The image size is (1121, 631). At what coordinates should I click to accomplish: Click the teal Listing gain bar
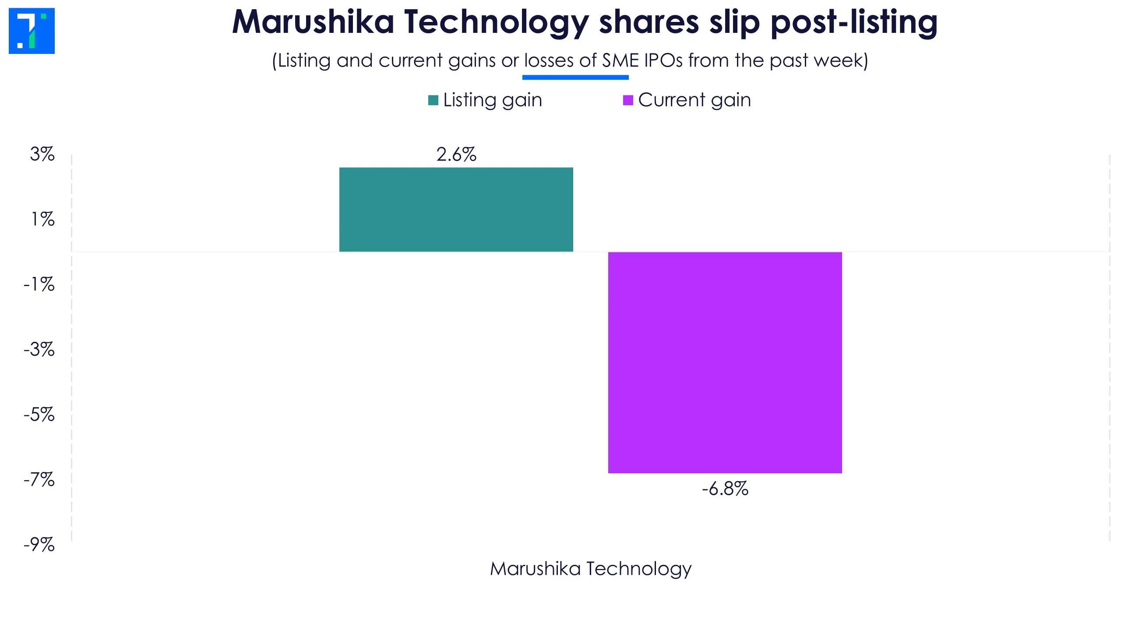pyautogui.click(x=456, y=209)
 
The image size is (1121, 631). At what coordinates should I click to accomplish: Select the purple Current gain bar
pyautogui.click(x=725, y=362)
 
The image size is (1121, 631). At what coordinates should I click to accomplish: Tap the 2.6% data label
pyautogui.click(x=456, y=155)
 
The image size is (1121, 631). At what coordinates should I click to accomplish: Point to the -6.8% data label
pyautogui.click(x=725, y=489)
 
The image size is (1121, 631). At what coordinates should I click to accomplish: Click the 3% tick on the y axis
pyautogui.click(x=42, y=154)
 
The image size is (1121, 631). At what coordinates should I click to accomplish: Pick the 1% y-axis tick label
pyautogui.click(x=42, y=219)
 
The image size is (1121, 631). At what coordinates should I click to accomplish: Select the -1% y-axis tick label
pyautogui.click(x=39, y=284)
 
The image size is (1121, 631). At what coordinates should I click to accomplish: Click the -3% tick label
pyautogui.click(x=39, y=349)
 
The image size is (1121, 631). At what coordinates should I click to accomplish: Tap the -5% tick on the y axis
pyautogui.click(x=39, y=415)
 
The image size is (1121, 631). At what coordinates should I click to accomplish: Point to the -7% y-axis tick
pyautogui.click(x=39, y=480)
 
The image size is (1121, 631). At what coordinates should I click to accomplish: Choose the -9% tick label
pyautogui.click(x=39, y=545)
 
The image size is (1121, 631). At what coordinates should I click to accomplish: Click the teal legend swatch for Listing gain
pyautogui.click(x=433, y=100)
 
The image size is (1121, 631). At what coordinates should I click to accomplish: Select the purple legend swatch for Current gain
pyautogui.click(x=627, y=100)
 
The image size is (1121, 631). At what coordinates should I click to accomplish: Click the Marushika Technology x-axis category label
pyautogui.click(x=590, y=569)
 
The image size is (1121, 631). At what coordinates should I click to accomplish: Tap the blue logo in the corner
pyautogui.click(x=32, y=31)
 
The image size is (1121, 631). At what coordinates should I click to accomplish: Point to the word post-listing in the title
pyautogui.click(x=854, y=22)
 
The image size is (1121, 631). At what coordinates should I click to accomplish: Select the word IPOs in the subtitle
pyautogui.click(x=663, y=60)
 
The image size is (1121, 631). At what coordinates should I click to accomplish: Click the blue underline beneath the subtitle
pyautogui.click(x=575, y=78)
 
